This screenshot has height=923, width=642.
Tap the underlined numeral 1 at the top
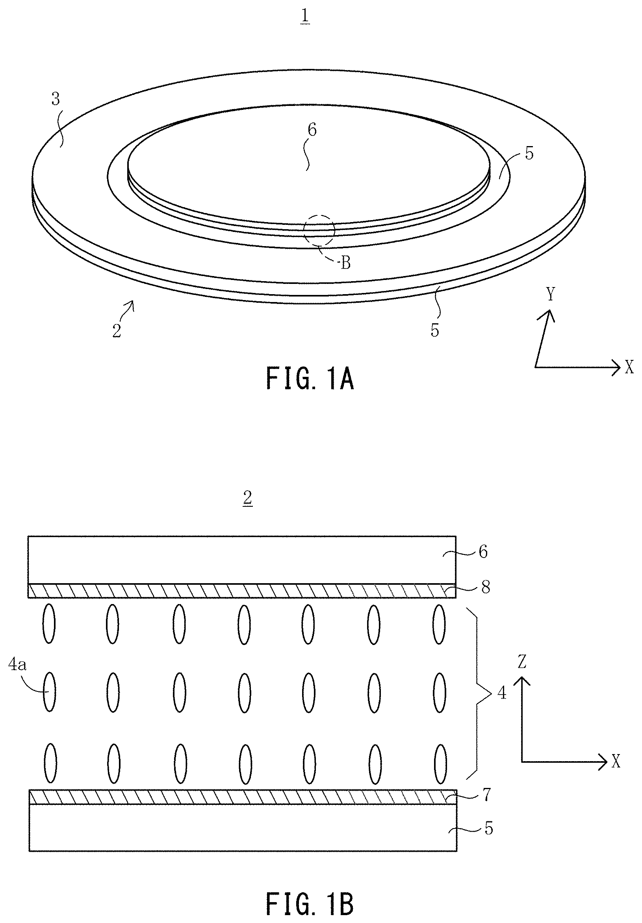pyautogui.click(x=305, y=17)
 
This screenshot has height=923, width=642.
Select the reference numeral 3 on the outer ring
pyautogui.click(x=56, y=98)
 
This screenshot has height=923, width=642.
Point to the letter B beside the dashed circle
pyautogui.click(x=346, y=263)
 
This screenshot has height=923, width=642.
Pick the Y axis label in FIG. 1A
pyautogui.click(x=551, y=294)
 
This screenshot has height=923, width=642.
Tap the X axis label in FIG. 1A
pyautogui.click(x=629, y=367)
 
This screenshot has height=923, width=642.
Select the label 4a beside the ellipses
pyautogui.click(x=18, y=665)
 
